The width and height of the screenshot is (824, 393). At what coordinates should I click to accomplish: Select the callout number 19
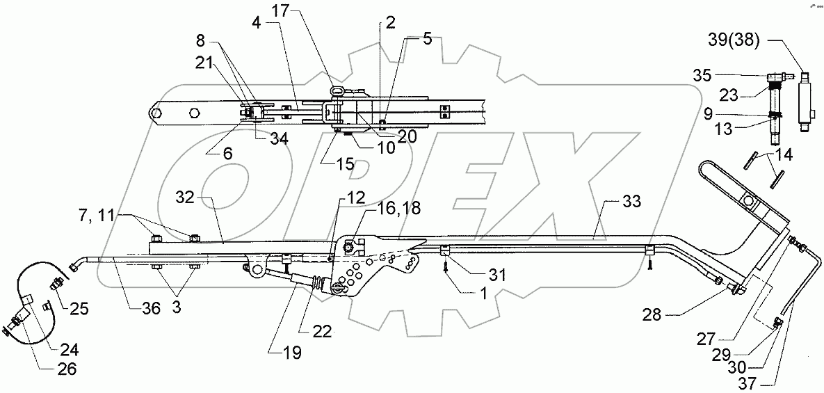pyautogui.click(x=291, y=353)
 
